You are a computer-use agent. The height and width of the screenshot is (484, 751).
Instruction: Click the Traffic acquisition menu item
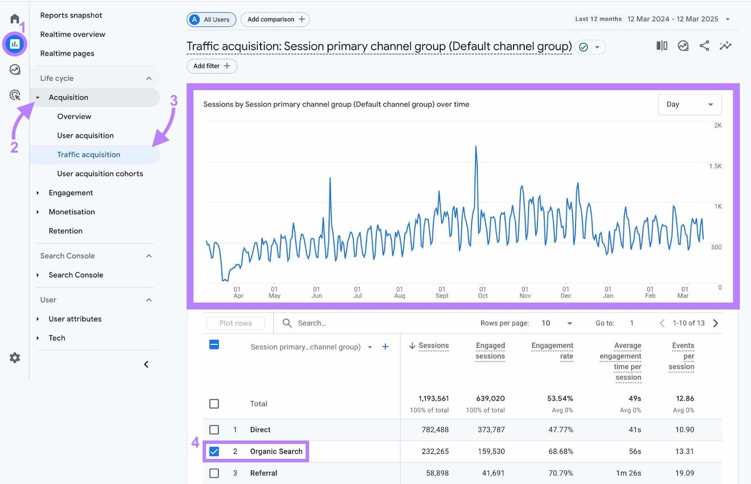(89, 154)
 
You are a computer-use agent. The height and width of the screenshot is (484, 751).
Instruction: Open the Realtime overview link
(73, 34)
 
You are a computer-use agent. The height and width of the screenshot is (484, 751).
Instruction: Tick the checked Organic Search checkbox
(214, 451)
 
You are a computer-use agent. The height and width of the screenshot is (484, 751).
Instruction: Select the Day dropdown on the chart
(689, 104)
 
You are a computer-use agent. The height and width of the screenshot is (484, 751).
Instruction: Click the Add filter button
(212, 66)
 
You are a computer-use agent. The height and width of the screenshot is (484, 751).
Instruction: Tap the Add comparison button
(275, 19)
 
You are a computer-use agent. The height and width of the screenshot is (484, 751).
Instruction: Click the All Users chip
(211, 19)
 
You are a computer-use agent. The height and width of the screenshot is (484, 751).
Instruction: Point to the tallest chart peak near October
(476, 147)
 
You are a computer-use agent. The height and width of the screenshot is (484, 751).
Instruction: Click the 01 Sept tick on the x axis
(442, 292)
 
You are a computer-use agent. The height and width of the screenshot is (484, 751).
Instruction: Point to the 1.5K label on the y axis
(715, 166)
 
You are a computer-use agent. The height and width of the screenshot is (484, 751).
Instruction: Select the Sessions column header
(433, 346)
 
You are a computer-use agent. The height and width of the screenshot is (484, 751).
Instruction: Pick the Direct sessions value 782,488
(435, 430)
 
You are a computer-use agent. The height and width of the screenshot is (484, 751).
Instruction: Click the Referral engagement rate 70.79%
(560, 473)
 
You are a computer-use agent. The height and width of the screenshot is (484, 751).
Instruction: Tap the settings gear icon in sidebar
(15, 358)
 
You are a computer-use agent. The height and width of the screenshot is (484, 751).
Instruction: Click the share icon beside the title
(704, 46)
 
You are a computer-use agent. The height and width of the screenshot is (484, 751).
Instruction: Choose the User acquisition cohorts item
(100, 174)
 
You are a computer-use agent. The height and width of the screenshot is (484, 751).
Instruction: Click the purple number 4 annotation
(195, 442)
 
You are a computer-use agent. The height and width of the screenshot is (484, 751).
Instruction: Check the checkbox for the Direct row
(214, 430)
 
